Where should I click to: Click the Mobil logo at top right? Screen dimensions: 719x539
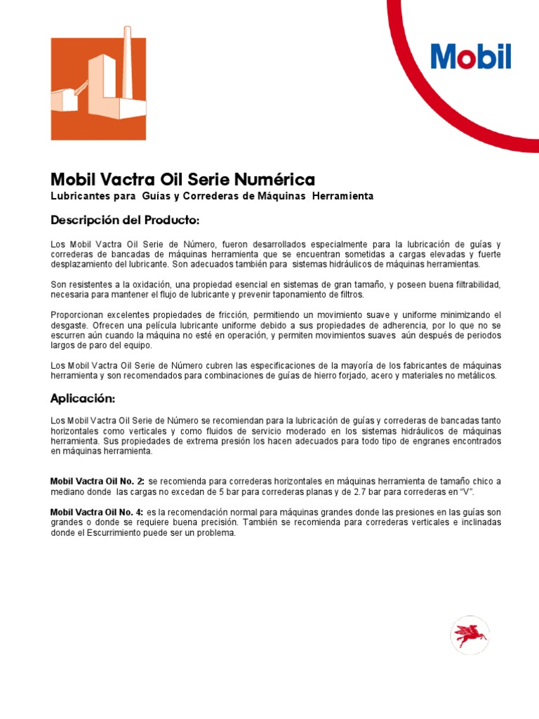[471, 57]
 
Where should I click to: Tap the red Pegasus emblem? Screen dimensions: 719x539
[470, 634]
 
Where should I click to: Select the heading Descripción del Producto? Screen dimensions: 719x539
[126, 220]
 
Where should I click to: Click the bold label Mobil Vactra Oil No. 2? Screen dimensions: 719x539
[98, 481]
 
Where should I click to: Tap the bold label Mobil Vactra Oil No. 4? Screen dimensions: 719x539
[98, 512]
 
